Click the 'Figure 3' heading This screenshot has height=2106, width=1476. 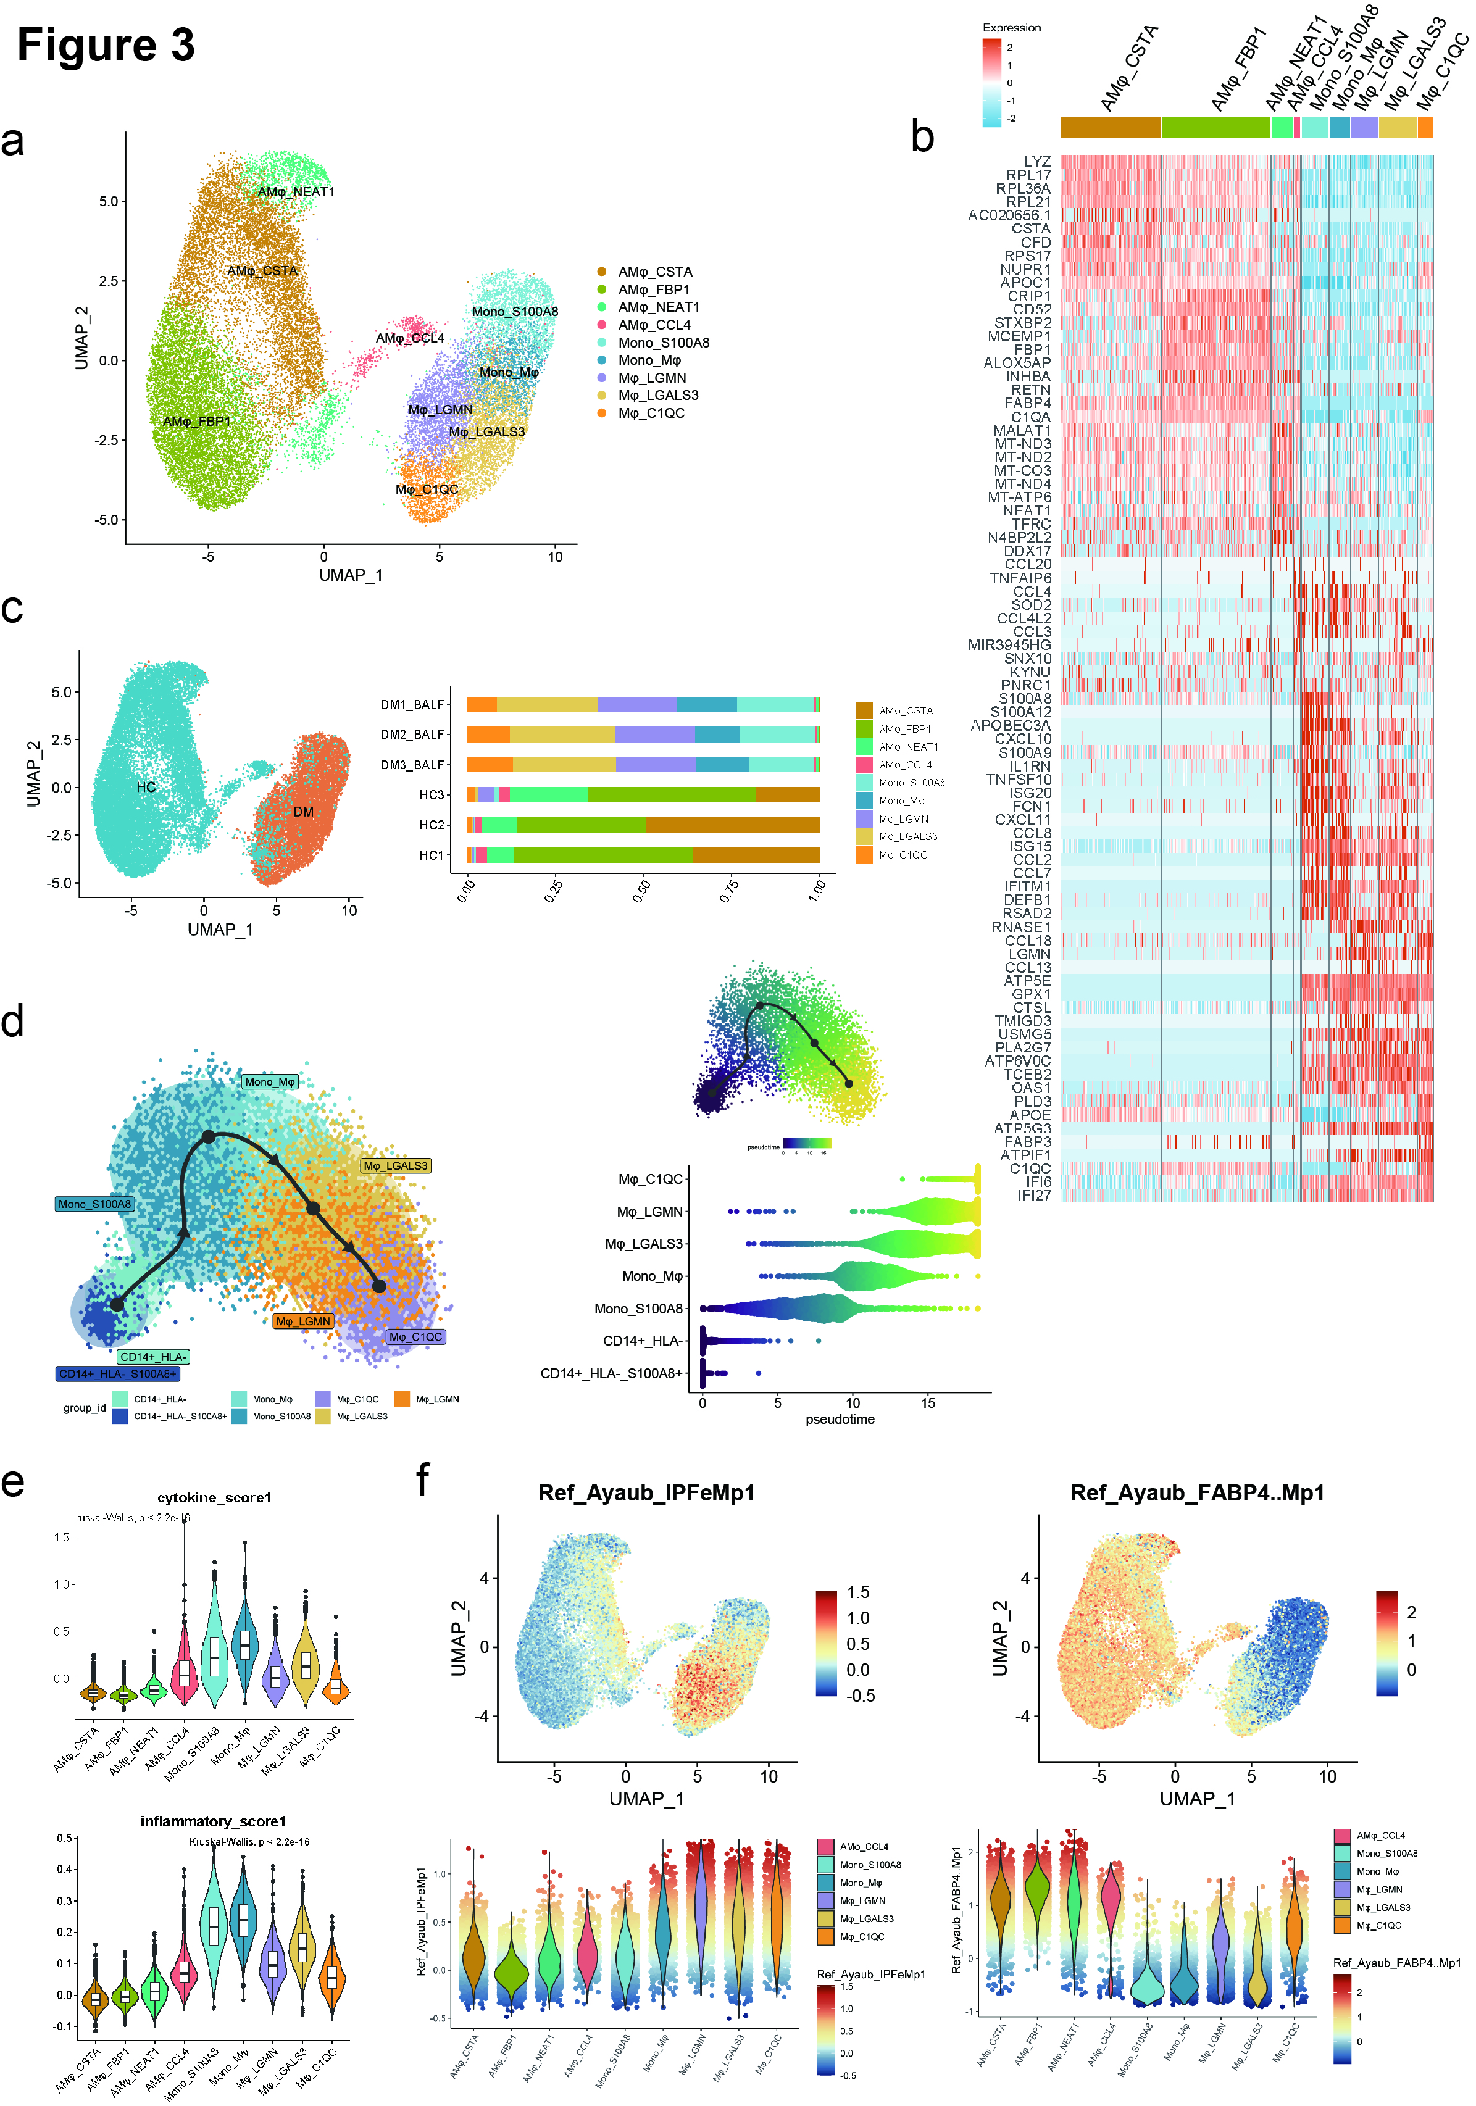pyautogui.click(x=106, y=45)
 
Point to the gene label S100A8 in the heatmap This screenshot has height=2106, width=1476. pyautogui.click(x=1025, y=699)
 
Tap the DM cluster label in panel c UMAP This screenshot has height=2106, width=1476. pyautogui.click(x=302, y=812)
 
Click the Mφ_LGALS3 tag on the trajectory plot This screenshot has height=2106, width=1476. pyautogui.click(x=395, y=1166)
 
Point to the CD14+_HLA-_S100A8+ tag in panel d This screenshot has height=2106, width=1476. pyautogui.click(x=117, y=1374)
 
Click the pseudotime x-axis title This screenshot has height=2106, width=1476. pyautogui.click(x=840, y=1419)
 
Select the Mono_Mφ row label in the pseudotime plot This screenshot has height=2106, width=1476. pyautogui.click(x=653, y=1276)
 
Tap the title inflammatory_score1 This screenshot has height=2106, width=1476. pyautogui.click(x=213, y=1821)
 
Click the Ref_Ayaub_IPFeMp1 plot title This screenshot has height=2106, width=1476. pyautogui.click(x=646, y=1493)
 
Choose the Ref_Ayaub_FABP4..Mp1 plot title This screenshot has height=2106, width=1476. pyautogui.click(x=1197, y=1493)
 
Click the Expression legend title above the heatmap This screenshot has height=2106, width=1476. pyautogui.click(x=1011, y=28)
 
